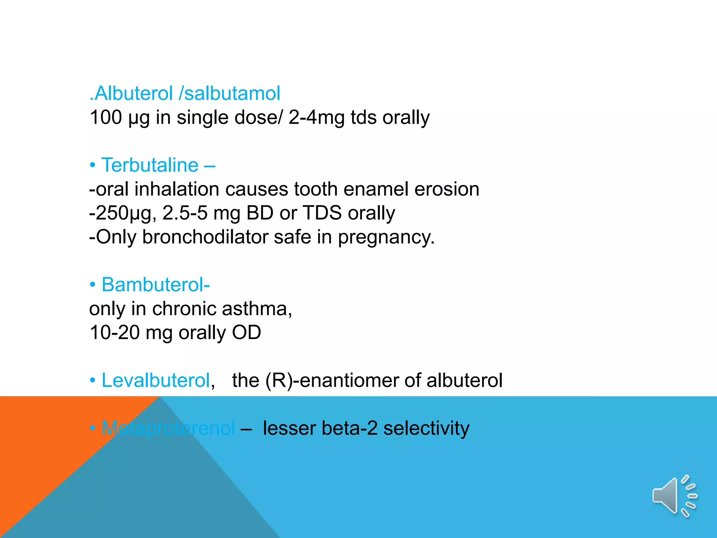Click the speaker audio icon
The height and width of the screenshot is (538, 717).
(674, 496)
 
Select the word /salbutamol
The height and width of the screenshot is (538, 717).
(230, 94)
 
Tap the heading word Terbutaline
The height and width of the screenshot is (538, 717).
(150, 165)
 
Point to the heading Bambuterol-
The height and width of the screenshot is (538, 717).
(155, 285)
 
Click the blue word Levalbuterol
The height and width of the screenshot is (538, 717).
(155, 380)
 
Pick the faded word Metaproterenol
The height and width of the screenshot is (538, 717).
(168, 428)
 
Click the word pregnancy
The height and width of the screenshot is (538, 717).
(386, 237)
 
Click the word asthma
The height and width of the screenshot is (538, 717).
(257, 309)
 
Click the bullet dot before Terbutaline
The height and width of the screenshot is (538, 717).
(92, 165)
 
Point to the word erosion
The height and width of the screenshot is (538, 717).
(447, 189)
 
